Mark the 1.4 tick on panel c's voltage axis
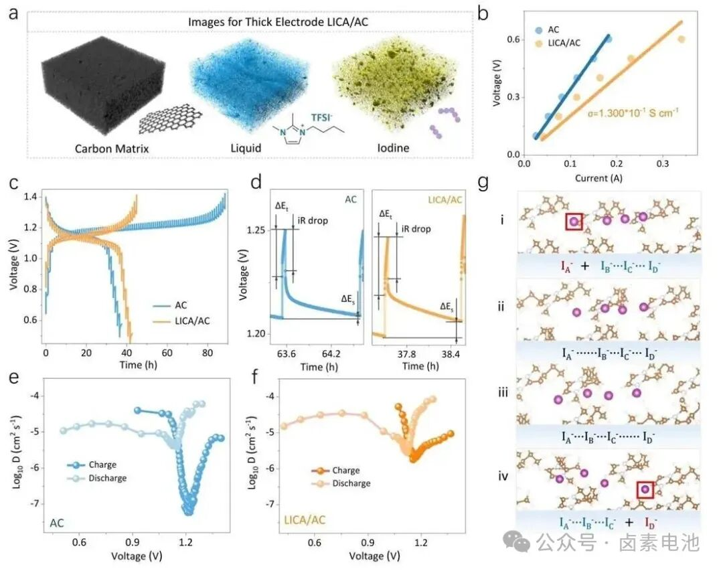[31, 196]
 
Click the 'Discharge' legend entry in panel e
[107, 478]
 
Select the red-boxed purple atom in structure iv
[645, 489]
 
